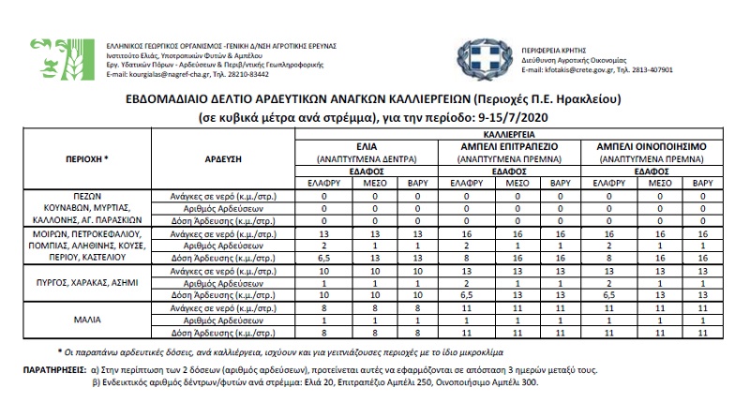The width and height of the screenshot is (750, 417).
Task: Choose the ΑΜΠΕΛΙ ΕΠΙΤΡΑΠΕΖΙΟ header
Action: pyautogui.click(x=510, y=147)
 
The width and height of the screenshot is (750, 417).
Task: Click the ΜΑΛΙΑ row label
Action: pyautogui.click(x=89, y=318)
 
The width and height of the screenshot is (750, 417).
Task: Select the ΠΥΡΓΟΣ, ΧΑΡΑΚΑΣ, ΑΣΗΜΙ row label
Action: pyautogui.click(x=90, y=281)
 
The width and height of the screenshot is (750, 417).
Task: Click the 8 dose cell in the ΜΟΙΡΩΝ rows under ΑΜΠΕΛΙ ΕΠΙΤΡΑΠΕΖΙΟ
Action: pyautogui.click(x=462, y=256)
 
